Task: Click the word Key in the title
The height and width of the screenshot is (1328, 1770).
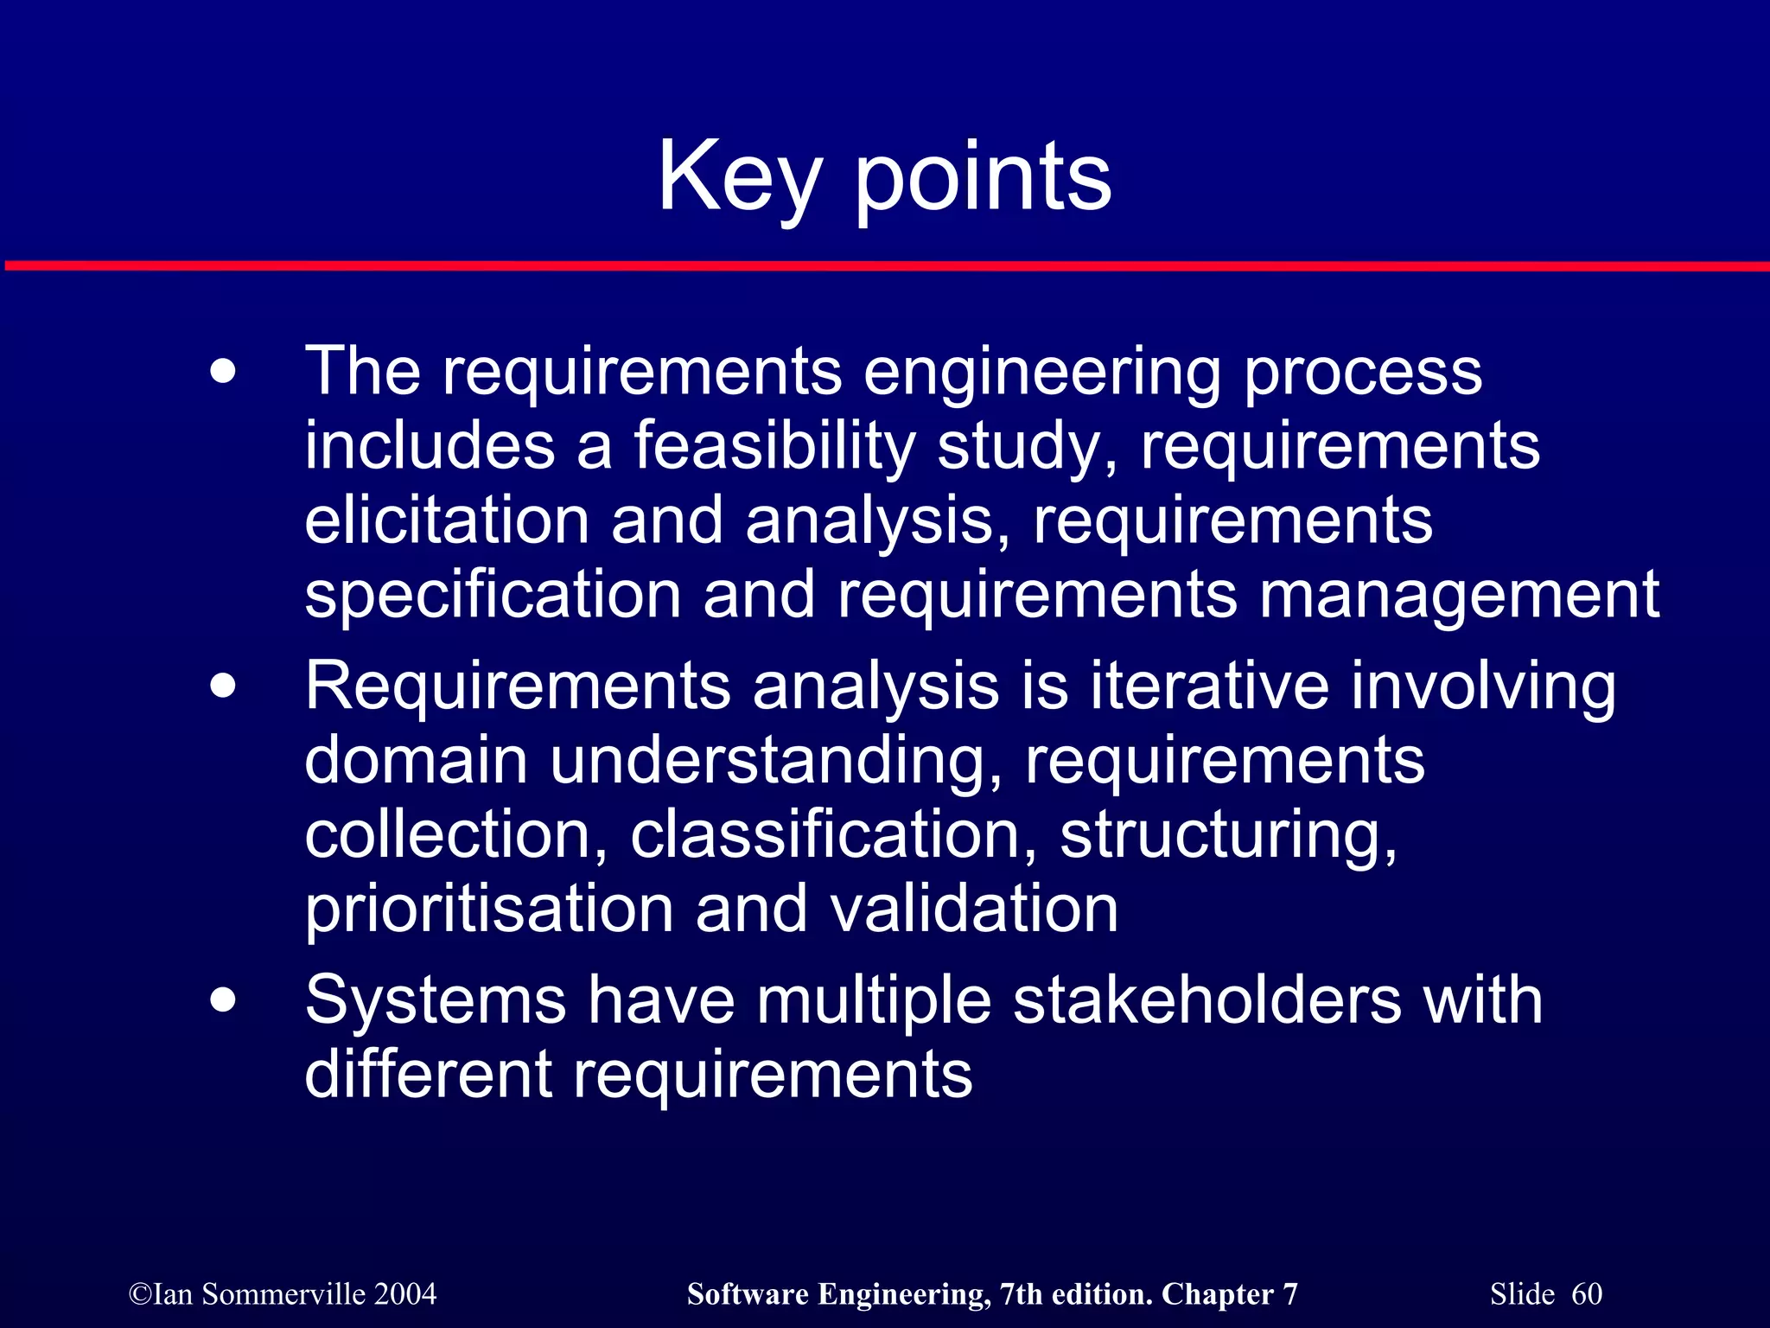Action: pos(739,178)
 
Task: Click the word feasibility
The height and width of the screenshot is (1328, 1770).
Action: pos(774,447)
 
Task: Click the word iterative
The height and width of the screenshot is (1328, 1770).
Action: pos(1209,686)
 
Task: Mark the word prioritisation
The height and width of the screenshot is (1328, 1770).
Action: pos(488,910)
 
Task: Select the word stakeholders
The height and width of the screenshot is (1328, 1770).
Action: pos(1207,1001)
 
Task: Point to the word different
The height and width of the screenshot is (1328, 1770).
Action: pos(428,1075)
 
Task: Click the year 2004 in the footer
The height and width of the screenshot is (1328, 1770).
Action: pos(405,1294)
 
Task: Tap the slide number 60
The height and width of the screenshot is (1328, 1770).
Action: pos(1586,1294)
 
